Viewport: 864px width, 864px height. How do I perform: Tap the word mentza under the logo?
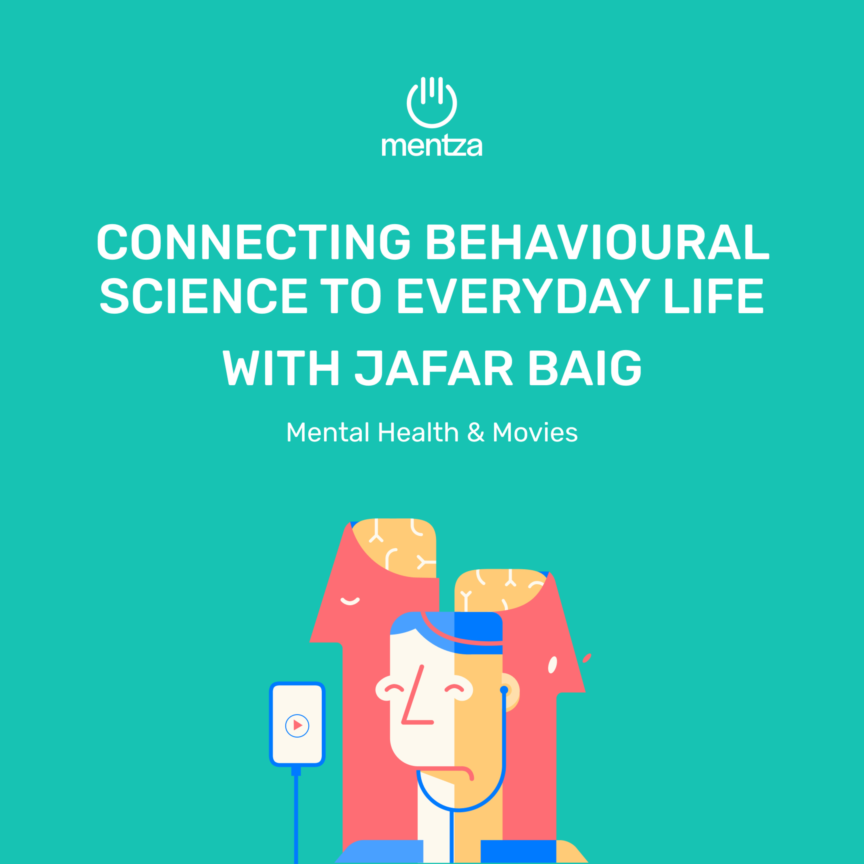(x=431, y=145)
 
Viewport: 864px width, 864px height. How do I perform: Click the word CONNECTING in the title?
(x=253, y=242)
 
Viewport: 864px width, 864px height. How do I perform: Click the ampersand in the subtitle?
(x=475, y=433)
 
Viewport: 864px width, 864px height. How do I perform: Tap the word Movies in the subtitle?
(x=535, y=433)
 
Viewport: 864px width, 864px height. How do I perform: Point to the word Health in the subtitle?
(x=418, y=433)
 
